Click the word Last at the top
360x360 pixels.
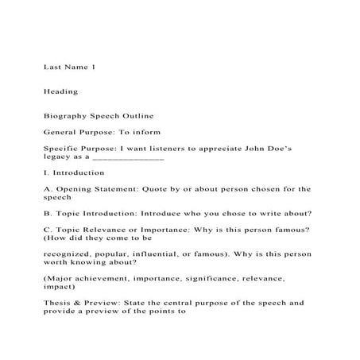52,68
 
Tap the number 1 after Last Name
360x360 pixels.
93,68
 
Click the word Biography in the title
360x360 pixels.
67,115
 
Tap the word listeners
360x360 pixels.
176,149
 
